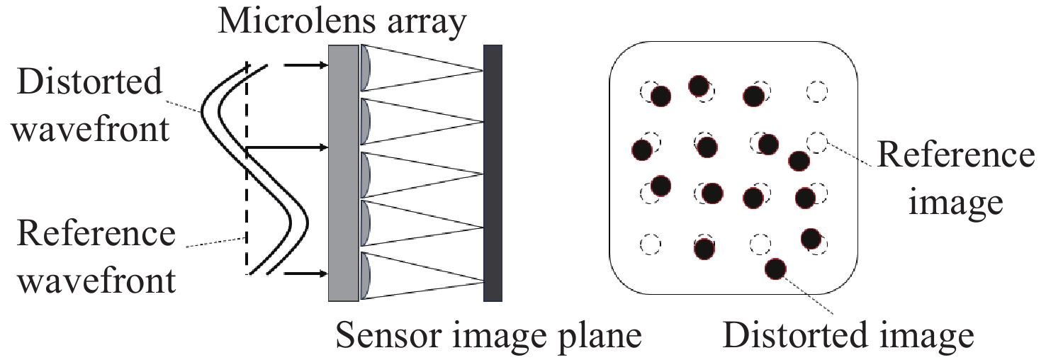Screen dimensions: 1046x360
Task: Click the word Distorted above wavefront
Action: pos(89,81)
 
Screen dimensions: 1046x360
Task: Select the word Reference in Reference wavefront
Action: pos(96,233)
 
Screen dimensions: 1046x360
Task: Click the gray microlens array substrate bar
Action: pos(343,173)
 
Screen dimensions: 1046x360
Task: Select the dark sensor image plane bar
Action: pos(493,173)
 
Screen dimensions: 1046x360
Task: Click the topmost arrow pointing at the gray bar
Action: pos(306,65)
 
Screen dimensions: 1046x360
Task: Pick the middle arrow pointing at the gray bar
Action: pos(288,148)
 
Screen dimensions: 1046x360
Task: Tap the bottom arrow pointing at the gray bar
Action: pos(306,274)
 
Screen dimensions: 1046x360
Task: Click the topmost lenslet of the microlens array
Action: pos(365,68)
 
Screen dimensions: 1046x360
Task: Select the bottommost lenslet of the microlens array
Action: pos(365,276)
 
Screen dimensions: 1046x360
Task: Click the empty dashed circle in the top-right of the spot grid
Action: pos(816,91)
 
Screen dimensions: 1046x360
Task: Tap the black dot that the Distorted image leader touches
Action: pos(775,269)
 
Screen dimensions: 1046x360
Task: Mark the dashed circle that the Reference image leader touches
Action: pos(816,142)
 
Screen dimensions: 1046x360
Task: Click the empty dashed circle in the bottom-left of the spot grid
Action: pos(650,244)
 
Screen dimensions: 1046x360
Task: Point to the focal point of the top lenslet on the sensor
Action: pos(483,71)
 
